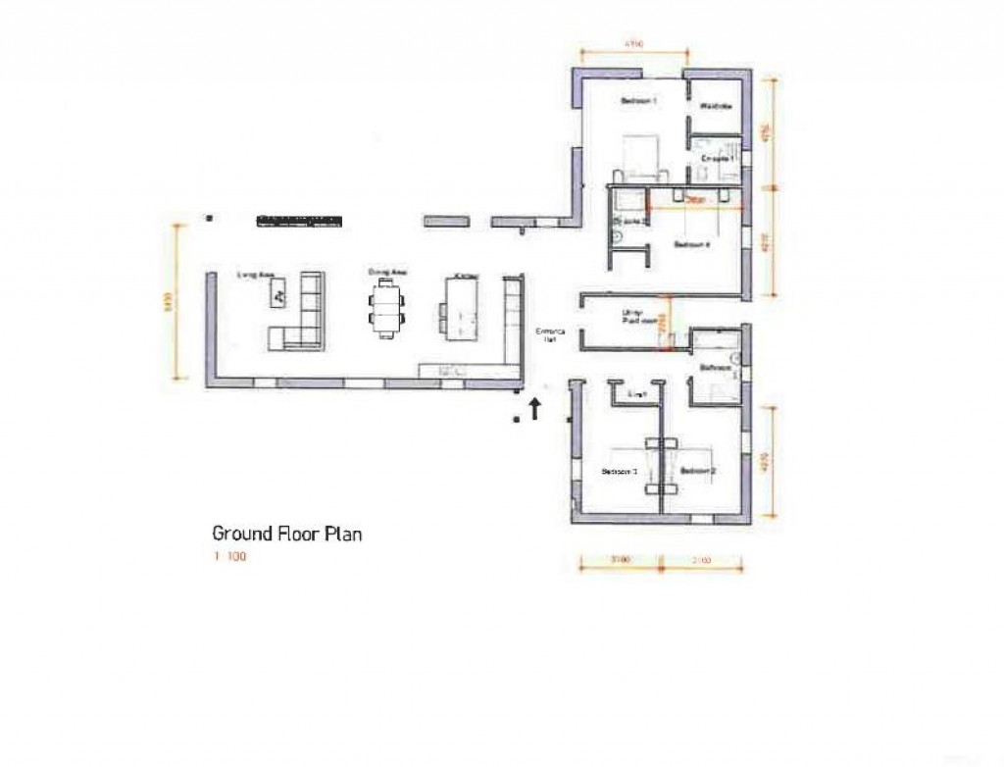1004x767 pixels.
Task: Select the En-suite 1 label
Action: coord(718,157)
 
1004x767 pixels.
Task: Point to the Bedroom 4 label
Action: coord(691,245)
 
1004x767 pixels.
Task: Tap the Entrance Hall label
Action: coord(546,335)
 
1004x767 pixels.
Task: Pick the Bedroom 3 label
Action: coord(620,472)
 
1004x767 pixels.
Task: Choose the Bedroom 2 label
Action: coord(698,472)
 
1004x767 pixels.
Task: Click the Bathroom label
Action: coord(716,368)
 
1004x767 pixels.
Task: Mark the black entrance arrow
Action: coord(535,408)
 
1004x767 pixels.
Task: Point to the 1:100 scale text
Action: coord(230,558)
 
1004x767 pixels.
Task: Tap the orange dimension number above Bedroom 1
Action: coord(633,44)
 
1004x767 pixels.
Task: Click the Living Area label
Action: coord(254,275)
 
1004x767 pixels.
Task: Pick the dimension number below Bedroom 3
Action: coord(618,561)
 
